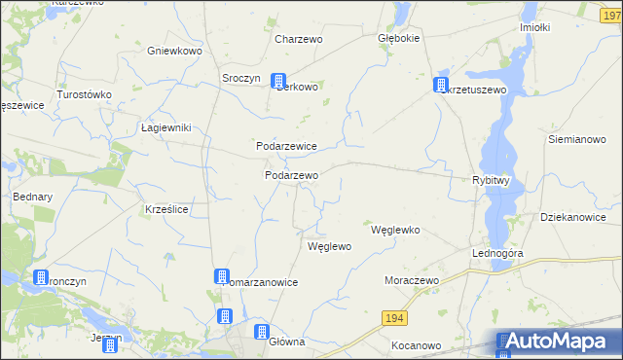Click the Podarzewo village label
(x=292, y=175)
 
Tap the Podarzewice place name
(x=286, y=146)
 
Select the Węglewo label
(x=329, y=247)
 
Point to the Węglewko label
(x=395, y=231)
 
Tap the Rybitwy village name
(x=491, y=181)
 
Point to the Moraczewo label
(x=412, y=280)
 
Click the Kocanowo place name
(x=416, y=345)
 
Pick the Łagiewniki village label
(x=165, y=127)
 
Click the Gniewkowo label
(x=173, y=50)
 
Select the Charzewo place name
(x=299, y=40)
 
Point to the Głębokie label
(x=398, y=40)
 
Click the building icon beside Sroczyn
(x=278, y=82)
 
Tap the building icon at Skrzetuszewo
(x=441, y=85)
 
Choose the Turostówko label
(x=86, y=95)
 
